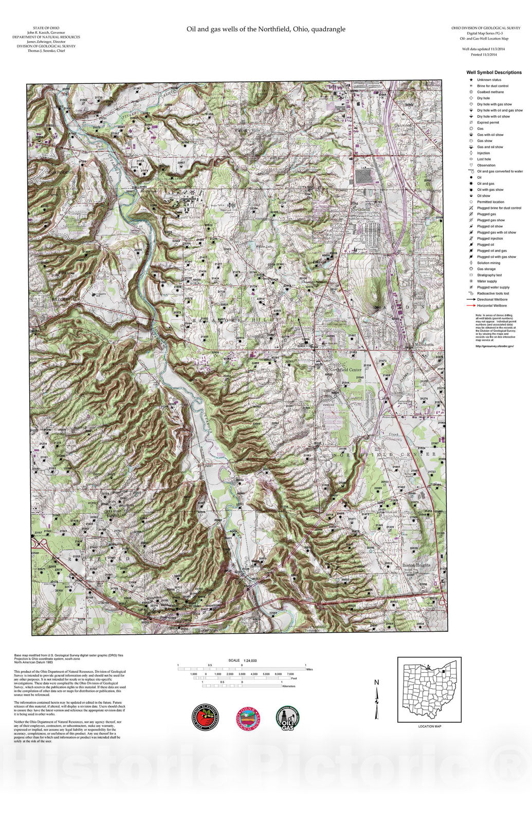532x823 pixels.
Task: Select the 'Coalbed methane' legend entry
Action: point(490,92)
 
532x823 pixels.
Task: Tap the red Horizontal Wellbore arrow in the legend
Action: point(470,306)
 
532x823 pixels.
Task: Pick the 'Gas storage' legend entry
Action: point(486,269)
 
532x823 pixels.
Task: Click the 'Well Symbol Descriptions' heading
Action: point(493,73)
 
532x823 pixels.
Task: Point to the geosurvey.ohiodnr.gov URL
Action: point(494,346)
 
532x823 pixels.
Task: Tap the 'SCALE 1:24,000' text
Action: point(242,660)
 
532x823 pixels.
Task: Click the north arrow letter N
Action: point(376,683)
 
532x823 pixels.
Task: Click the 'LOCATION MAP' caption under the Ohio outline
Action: point(429,726)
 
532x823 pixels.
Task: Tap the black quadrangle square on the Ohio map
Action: point(442,669)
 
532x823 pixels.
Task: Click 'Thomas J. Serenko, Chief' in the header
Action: point(46,51)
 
